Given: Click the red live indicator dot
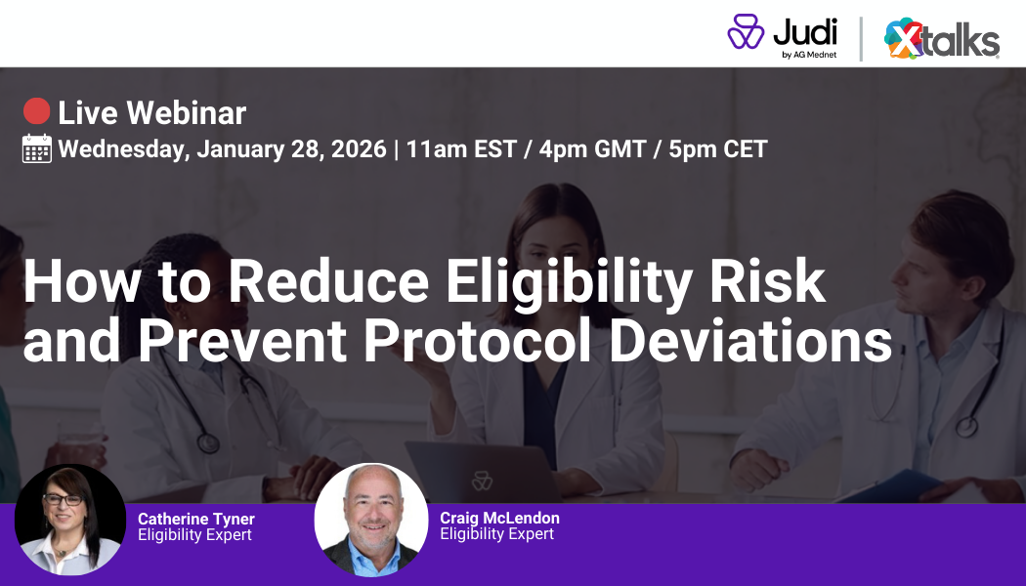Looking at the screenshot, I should pyautogui.click(x=37, y=112).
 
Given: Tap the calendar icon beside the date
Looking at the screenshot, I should pyautogui.click(x=37, y=148).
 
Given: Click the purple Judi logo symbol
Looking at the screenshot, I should pyautogui.click(x=746, y=32).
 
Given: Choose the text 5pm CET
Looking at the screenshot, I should pyautogui.click(x=718, y=149).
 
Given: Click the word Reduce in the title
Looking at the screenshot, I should pyautogui.click(x=329, y=281).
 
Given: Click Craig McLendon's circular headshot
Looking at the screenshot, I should pyautogui.click(x=370, y=520).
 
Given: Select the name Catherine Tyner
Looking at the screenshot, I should pyautogui.click(x=195, y=519).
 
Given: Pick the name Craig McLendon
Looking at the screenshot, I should pyautogui.click(x=499, y=518).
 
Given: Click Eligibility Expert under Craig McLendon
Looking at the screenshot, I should pyautogui.click(x=496, y=534).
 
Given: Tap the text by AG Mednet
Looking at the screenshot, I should pyautogui.click(x=808, y=55).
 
